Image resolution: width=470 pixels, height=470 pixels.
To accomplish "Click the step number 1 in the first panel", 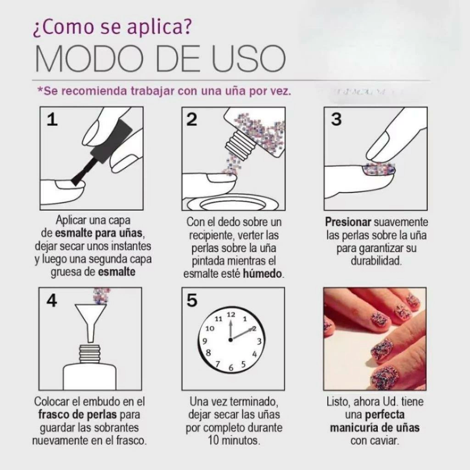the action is click(52, 120).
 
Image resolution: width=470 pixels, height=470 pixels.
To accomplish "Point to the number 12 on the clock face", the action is click(231, 314).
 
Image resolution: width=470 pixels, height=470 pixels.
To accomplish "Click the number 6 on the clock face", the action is click(231, 368).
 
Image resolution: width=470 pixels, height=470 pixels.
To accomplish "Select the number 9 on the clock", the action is click(205, 341).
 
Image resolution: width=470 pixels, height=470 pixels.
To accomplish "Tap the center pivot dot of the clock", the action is click(230, 340).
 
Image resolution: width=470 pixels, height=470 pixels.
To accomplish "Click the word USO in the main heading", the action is click(248, 58).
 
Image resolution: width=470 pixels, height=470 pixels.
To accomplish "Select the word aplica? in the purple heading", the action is click(159, 27).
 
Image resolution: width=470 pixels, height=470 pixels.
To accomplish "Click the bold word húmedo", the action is click(262, 274).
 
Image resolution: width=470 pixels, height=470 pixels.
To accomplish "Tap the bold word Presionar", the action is click(348, 222).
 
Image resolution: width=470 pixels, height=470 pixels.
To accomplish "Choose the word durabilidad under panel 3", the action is click(376, 261).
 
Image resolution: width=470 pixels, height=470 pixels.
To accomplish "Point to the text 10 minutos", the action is click(234, 440).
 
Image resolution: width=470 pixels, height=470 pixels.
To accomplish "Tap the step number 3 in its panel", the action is click(336, 119).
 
